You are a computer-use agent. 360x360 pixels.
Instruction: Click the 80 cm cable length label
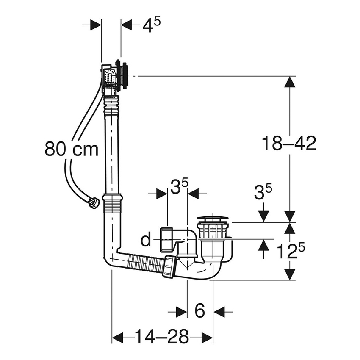71,149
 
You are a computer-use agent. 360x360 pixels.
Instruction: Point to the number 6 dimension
199,312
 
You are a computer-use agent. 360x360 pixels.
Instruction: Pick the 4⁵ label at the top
151,25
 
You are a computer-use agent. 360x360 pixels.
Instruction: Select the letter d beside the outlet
146,240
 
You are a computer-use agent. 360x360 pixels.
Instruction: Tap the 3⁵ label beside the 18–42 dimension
263,193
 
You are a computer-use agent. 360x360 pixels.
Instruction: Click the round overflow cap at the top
124,75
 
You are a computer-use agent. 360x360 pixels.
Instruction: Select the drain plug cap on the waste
213,219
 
